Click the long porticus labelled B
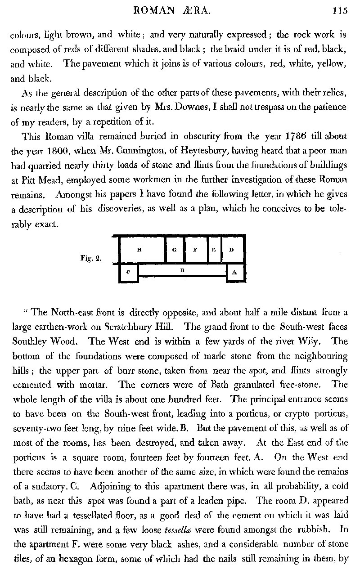[x=182, y=270]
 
